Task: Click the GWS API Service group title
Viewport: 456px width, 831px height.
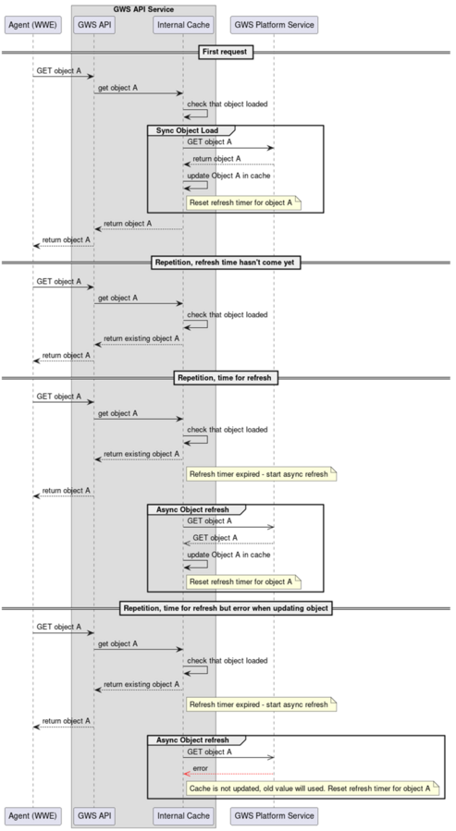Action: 143,9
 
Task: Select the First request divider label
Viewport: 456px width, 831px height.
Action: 226,52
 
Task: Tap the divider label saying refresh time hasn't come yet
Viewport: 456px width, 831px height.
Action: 226,263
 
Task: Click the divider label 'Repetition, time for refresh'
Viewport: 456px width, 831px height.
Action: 226,378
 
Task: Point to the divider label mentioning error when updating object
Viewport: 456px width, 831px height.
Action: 226,608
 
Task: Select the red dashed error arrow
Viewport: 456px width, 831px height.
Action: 228,775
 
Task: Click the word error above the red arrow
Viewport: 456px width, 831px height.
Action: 200,768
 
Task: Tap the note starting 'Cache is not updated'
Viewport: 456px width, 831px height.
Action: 313,788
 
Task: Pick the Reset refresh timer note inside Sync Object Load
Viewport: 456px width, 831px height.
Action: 243,202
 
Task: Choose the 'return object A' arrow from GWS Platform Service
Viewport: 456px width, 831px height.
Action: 228,165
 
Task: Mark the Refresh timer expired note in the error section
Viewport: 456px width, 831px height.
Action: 261,704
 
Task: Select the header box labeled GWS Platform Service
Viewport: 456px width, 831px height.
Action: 274,25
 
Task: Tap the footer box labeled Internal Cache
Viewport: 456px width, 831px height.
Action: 183,815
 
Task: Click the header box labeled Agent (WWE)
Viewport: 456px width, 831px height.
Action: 33,25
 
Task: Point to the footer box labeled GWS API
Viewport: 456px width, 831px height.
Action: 94,815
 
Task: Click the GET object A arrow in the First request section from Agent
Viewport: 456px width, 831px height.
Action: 64,77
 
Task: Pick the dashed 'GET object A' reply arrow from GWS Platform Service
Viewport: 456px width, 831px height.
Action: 228,544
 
